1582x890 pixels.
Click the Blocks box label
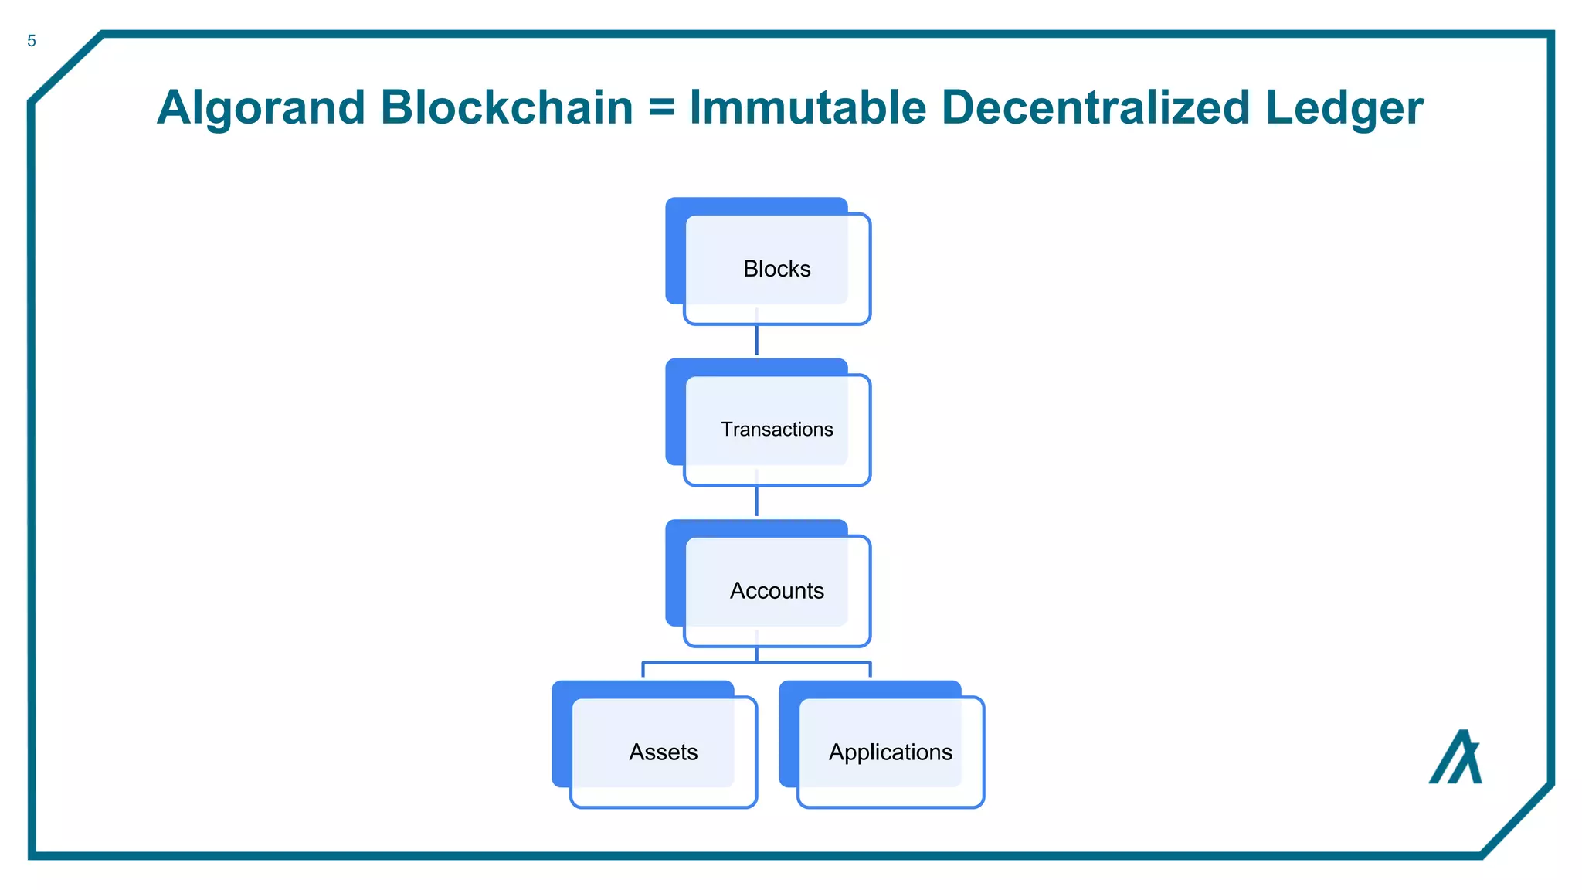776,269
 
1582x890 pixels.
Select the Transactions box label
776,430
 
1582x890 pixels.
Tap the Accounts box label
776,591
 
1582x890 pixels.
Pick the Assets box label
663,752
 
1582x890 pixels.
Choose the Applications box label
890,752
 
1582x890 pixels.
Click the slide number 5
32,41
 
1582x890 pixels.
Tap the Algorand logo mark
1456,759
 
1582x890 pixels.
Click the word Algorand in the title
260,107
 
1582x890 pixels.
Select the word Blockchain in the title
507,107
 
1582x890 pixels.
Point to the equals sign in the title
661,108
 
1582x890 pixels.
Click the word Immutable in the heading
807,107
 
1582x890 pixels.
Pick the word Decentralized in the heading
1095,107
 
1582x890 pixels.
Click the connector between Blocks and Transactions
756,341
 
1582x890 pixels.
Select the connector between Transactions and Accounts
756,501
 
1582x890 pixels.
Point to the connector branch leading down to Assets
643,668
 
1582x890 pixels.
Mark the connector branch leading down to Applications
870,668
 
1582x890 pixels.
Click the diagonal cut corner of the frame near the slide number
66,67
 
